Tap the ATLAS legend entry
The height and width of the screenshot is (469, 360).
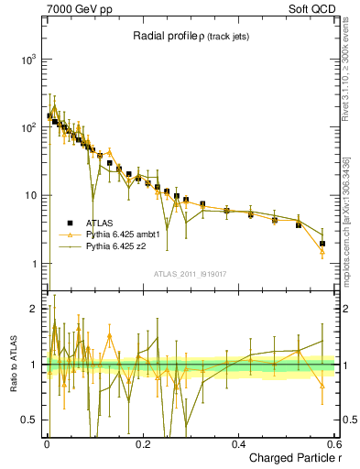click(101, 223)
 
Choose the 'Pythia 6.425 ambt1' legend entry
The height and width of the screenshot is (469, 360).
click(123, 234)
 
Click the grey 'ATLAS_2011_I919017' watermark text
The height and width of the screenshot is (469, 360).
click(191, 273)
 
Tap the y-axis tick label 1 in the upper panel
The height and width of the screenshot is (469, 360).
click(33, 265)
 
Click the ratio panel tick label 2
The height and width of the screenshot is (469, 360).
click(33, 309)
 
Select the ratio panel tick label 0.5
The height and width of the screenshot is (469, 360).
click(28, 420)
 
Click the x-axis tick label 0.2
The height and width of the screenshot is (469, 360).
click(143, 444)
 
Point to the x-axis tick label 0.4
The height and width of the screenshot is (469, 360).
click(239, 444)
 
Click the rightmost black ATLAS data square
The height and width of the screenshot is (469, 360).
click(322, 244)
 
